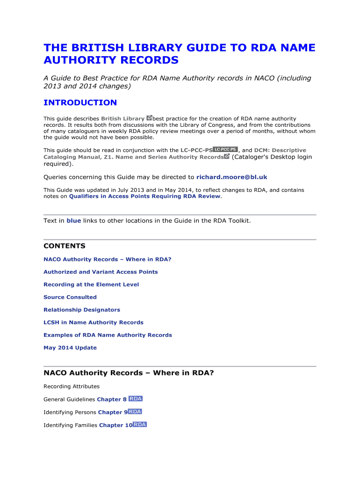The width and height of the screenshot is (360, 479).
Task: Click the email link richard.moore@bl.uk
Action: [231, 177]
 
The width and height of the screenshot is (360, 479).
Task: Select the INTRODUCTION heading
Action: [80, 102]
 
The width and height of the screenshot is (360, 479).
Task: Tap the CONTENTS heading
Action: [65, 246]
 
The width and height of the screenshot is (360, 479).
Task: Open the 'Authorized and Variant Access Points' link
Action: [101, 272]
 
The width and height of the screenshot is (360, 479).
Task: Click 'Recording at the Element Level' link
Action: [91, 284]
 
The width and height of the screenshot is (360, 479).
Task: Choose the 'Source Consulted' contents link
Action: [70, 297]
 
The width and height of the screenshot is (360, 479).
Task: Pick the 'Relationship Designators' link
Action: [82, 310]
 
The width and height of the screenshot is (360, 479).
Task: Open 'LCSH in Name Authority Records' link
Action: [94, 322]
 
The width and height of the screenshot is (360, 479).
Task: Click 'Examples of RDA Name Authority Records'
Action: [108, 335]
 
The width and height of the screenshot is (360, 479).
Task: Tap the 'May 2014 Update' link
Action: [70, 348]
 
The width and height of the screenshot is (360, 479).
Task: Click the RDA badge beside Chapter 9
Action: [135, 412]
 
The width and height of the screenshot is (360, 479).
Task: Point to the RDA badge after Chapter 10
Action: [140, 425]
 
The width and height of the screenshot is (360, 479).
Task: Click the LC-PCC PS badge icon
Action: [225, 149]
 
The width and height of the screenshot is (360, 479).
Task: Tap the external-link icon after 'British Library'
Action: [149, 118]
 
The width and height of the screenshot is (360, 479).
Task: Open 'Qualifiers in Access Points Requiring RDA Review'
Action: [144, 196]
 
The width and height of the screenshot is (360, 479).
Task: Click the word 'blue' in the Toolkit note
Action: [74, 220]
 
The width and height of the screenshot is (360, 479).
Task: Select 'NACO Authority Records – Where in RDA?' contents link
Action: [107, 259]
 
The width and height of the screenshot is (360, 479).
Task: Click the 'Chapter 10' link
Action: [115, 425]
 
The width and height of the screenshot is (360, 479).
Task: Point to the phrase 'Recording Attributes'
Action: [72, 386]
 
